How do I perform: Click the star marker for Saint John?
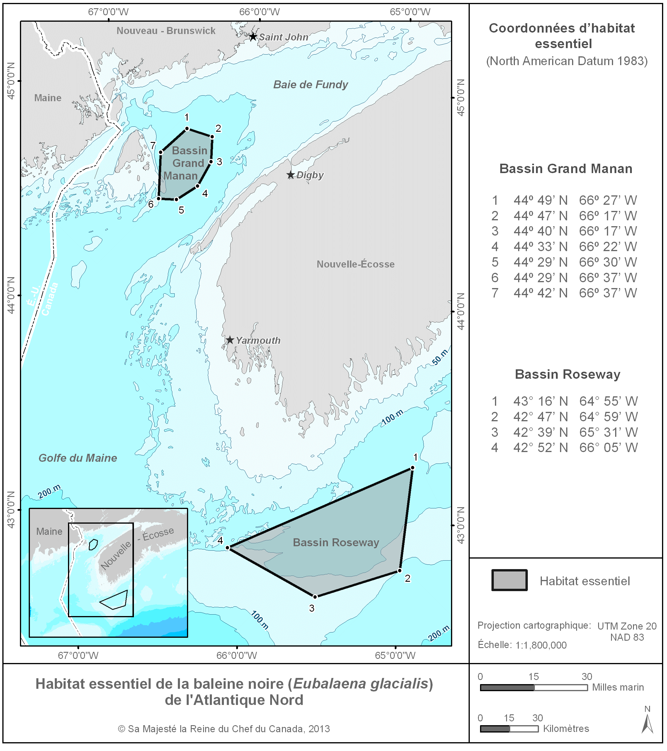(x=253, y=37)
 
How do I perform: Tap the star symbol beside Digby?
(x=291, y=175)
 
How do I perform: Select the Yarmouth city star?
(x=230, y=340)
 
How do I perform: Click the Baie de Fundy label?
(x=311, y=85)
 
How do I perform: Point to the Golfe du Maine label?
(x=78, y=458)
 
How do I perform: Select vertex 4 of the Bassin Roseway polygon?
(x=228, y=548)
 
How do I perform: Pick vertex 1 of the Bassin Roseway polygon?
(x=413, y=468)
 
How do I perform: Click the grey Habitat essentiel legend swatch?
(x=510, y=581)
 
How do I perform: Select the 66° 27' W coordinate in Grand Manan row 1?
(x=608, y=200)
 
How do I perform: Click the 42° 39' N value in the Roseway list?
(x=540, y=432)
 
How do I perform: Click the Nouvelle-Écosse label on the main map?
(x=355, y=264)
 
